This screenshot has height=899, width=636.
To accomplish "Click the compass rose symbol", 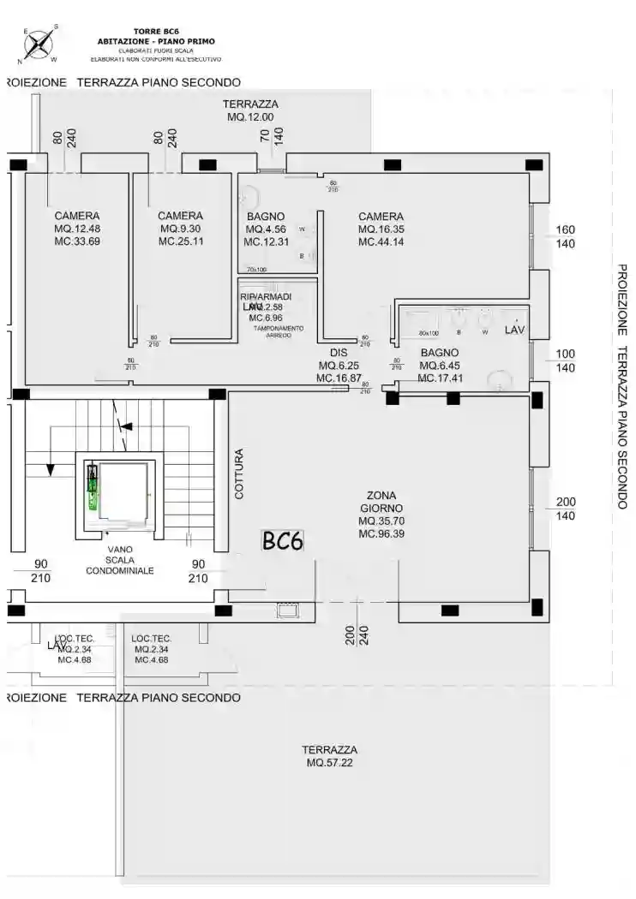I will pyautogui.click(x=39, y=44).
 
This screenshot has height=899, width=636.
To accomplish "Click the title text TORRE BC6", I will pyautogui.click(x=156, y=31).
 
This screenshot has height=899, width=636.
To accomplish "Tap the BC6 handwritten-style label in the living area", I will pyautogui.click(x=282, y=540).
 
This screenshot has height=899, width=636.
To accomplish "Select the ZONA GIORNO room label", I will pyautogui.click(x=381, y=501).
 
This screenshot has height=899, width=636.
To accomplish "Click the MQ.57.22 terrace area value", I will pyautogui.click(x=329, y=762).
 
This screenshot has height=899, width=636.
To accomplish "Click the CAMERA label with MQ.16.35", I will pyautogui.click(x=381, y=217).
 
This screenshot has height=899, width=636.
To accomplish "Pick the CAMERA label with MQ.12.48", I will pyautogui.click(x=77, y=217).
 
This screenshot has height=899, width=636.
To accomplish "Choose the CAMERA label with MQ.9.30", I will pyautogui.click(x=180, y=217).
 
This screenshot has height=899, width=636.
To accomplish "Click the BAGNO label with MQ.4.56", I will pyautogui.click(x=265, y=217).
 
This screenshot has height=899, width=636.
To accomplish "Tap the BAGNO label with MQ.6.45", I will pyautogui.click(x=439, y=353).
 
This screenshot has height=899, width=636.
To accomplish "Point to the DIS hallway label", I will pyautogui.click(x=338, y=353).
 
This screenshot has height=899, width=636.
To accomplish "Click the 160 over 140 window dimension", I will pyautogui.click(x=566, y=236).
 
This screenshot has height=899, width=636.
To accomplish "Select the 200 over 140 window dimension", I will pyautogui.click(x=566, y=509).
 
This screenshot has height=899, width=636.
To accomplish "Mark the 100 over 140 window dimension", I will pyautogui.click(x=566, y=360).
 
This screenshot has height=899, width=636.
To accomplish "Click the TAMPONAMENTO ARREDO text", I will pyautogui.click(x=278, y=331).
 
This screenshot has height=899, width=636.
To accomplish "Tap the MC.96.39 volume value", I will pyautogui.click(x=381, y=533).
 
